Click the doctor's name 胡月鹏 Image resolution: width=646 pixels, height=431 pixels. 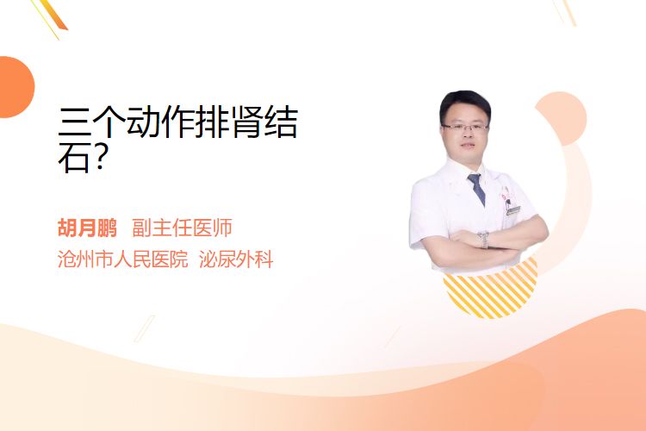(87, 228)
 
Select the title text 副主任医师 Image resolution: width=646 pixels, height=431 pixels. (182, 228)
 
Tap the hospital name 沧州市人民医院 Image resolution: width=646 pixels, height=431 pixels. (122, 259)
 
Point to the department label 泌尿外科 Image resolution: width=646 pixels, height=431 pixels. (236, 259)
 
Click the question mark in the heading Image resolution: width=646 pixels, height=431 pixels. (100, 159)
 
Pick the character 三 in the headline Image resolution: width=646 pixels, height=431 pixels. (75, 122)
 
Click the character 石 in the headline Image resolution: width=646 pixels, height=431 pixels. (74, 158)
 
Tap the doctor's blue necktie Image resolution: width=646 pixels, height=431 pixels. (476, 189)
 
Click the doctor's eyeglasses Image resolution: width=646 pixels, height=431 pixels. (465, 127)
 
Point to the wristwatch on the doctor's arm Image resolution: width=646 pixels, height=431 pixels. (484, 240)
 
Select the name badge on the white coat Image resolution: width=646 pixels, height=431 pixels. (513, 210)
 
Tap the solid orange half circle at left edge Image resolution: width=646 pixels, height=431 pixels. (16, 87)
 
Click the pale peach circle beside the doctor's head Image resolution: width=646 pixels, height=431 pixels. (562, 118)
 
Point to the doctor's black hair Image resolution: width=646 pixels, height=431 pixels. (465, 103)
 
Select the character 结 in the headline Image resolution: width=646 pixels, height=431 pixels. (282, 122)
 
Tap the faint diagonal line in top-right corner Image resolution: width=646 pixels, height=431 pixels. (566, 11)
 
